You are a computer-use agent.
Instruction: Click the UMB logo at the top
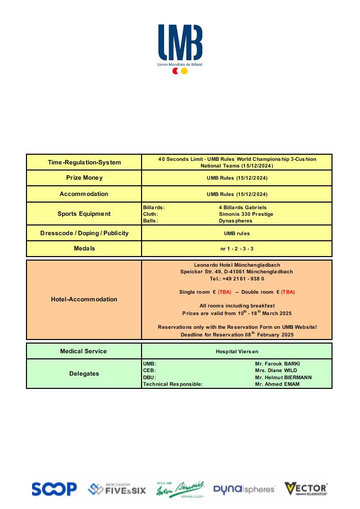point(180,43)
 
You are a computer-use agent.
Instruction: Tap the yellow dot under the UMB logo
point(184,71)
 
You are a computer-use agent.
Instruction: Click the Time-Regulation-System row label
point(85,162)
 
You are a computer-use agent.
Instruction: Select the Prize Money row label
point(85,178)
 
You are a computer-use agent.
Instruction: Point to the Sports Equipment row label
point(84,214)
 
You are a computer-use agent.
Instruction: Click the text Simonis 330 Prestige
point(246,214)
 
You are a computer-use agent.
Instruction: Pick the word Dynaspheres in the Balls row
point(235,221)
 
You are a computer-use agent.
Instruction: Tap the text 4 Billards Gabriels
point(242,208)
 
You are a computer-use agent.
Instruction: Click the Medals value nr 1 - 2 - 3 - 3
point(237,248)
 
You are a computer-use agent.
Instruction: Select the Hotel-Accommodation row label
point(84,299)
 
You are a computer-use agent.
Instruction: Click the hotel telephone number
point(237,279)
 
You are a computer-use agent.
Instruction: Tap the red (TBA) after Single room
point(225,292)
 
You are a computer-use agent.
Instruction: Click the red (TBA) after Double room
point(288,292)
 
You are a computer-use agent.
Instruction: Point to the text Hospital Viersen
point(237,351)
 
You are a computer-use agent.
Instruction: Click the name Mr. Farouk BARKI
point(278,364)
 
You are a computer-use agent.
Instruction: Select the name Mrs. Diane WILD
point(275,371)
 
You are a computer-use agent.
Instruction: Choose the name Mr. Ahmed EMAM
point(277,384)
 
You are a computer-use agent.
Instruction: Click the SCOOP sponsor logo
point(54,490)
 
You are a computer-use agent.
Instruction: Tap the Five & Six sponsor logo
point(117,490)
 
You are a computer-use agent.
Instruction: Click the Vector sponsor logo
point(306,489)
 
